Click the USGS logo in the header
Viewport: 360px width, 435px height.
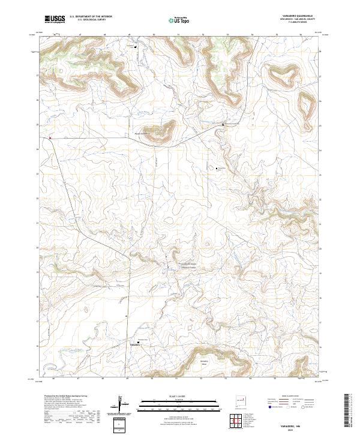[x=55, y=19]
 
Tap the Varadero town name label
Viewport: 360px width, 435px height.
[x=136, y=345]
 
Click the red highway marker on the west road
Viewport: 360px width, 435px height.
[x=50, y=137]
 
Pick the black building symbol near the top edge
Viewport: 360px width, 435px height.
[x=136, y=47]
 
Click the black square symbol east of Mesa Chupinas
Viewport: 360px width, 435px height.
[x=223, y=125]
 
